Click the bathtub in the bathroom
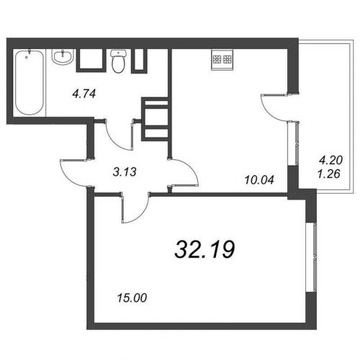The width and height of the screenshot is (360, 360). point(30,82)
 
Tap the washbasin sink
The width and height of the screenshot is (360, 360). point(63,57)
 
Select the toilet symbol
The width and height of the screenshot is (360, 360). point(118,61)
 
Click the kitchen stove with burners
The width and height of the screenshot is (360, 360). point(222,60)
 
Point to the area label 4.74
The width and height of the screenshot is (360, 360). point(84,94)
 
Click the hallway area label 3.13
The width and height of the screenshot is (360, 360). point(125,172)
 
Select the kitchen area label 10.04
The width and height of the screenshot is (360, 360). point(259,180)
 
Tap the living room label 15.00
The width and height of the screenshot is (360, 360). point(132,298)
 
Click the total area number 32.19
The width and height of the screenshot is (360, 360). point(204,250)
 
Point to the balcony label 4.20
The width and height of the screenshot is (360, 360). point(330,160)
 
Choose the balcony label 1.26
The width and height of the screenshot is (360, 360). point(329,174)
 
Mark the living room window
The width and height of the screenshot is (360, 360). point(312,258)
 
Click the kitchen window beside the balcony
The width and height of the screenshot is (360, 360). point(293,143)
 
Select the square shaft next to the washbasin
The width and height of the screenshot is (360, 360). point(91,60)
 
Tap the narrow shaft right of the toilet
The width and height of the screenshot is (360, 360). point(139,60)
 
